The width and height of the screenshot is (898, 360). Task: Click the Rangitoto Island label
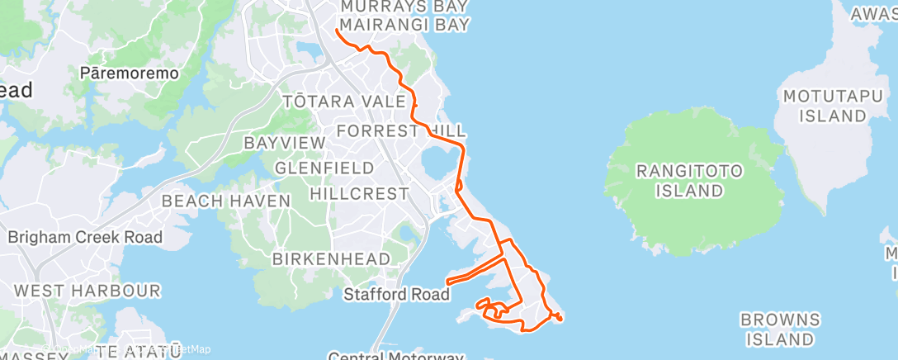tap(689, 181)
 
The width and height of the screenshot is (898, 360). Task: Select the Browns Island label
tap(779, 329)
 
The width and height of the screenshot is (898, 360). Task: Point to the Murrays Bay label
tap(404, 7)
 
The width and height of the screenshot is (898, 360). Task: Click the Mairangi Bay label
tap(404, 25)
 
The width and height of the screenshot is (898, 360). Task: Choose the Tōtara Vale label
tap(344, 102)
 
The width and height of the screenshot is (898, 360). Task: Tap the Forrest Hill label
tap(401, 130)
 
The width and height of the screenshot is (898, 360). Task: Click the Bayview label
tap(285, 143)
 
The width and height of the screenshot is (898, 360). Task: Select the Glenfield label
tap(324, 168)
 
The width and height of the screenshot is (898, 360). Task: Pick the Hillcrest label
tap(359, 194)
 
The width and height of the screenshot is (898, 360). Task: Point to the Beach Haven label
tap(226, 201)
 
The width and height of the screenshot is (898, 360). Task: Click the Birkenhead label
tap(331, 259)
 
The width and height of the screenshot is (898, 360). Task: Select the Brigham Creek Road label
tap(85, 238)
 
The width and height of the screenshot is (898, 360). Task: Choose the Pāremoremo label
tap(130, 73)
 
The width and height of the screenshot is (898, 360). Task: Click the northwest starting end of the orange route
tap(337, 31)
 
